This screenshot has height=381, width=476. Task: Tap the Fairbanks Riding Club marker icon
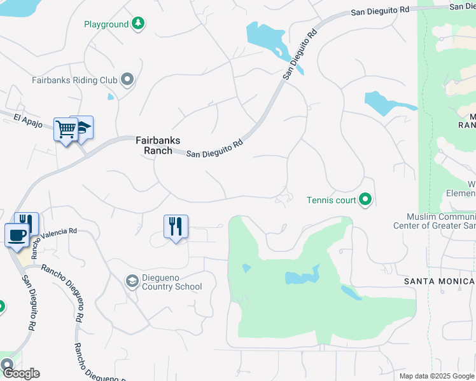pos(128,80)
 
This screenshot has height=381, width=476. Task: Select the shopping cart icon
pos(66,130)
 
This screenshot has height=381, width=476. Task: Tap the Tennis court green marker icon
pos(365,200)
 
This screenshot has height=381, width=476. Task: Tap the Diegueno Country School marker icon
pos(132,281)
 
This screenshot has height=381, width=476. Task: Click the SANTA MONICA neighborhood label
pos(440,281)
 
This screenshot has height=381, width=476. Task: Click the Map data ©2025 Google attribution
pos(437,376)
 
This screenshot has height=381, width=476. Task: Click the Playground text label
pos(106,25)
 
